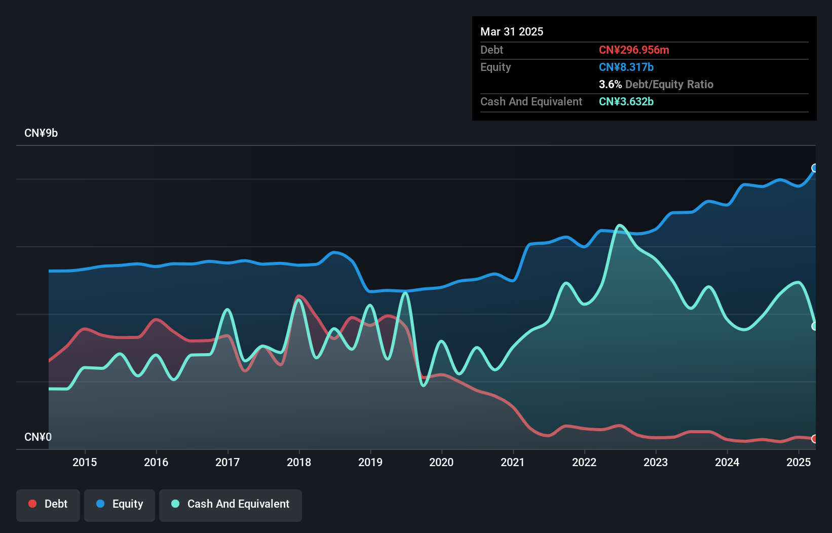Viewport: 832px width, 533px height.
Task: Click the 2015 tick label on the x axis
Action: click(x=85, y=462)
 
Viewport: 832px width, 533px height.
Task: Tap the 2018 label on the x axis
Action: click(x=299, y=462)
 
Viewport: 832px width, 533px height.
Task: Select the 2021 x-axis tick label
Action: click(x=513, y=462)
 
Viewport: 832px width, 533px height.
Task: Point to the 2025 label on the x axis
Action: click(x=799, y=462)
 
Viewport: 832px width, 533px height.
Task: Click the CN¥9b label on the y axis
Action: click(x=41, y=133)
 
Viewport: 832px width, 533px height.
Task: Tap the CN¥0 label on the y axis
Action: click(x=38, y=437)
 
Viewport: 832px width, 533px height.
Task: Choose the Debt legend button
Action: click(x=48, y=504)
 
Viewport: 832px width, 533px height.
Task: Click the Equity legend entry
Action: click(x=120, y=504)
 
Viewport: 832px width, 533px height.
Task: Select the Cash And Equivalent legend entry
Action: click(x=231, y=504)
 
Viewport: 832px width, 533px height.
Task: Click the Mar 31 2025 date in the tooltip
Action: click(x=512, y=31)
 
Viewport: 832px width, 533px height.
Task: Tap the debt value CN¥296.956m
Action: click(x=634, y=50)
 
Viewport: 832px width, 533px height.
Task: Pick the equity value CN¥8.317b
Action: click(x=626, y=67)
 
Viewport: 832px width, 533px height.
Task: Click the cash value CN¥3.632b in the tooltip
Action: click(x=626, y=101)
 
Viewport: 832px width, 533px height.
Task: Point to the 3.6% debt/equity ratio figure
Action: click(x=610, y=84)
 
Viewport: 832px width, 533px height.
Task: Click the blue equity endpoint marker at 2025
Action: click(x=815, y=168)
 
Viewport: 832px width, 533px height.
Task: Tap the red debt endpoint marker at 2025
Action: click(x=815, y=439)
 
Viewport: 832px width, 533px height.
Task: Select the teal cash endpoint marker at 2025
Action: click(x=815, y=326)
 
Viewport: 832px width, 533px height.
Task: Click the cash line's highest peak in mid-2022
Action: click(x=620, y=225)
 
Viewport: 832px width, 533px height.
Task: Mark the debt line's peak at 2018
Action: click(x=299, y=296)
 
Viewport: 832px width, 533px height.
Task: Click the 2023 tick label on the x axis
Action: click(x=656, y=462)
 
